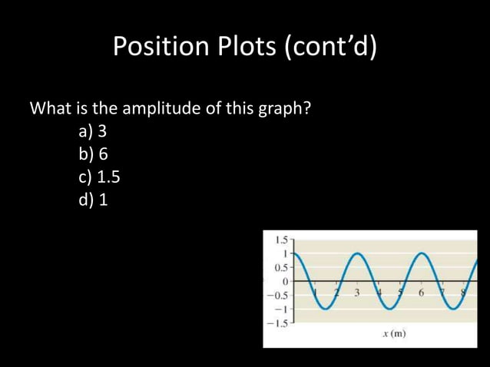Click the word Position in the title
click(157, 48)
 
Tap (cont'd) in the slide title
click(332, 48)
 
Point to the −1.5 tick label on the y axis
click(277, 322)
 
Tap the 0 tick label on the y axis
click(284, 281)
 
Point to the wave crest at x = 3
click(359, 253)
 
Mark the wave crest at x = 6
click(422, 253)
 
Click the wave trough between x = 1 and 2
click(326, 309)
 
